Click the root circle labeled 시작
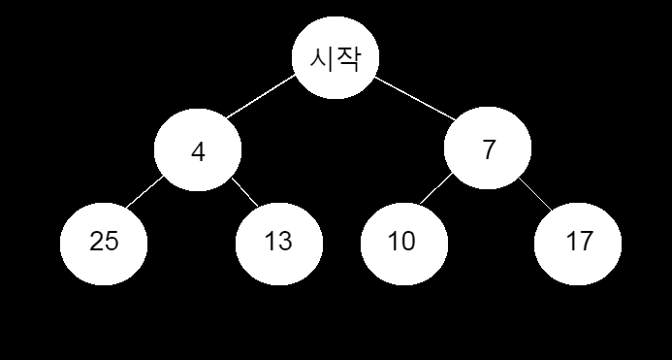click(x=336, y=58)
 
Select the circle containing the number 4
click(x=198, y=152)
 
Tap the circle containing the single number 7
click(x=488, y=150)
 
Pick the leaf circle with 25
click(x=104, y=242)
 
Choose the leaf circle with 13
click(x=278, y=242)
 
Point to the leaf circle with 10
click(x=402, y=242)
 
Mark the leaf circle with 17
click(x=578, y=242)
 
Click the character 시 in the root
click(x=322, y=59)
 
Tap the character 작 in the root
click(x=348, y=59)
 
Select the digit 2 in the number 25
click(x=96, y=242)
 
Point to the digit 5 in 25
click(x=112, y=242)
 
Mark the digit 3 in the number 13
click(x=286, y=242)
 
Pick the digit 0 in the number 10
click(x=409, y=242)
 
